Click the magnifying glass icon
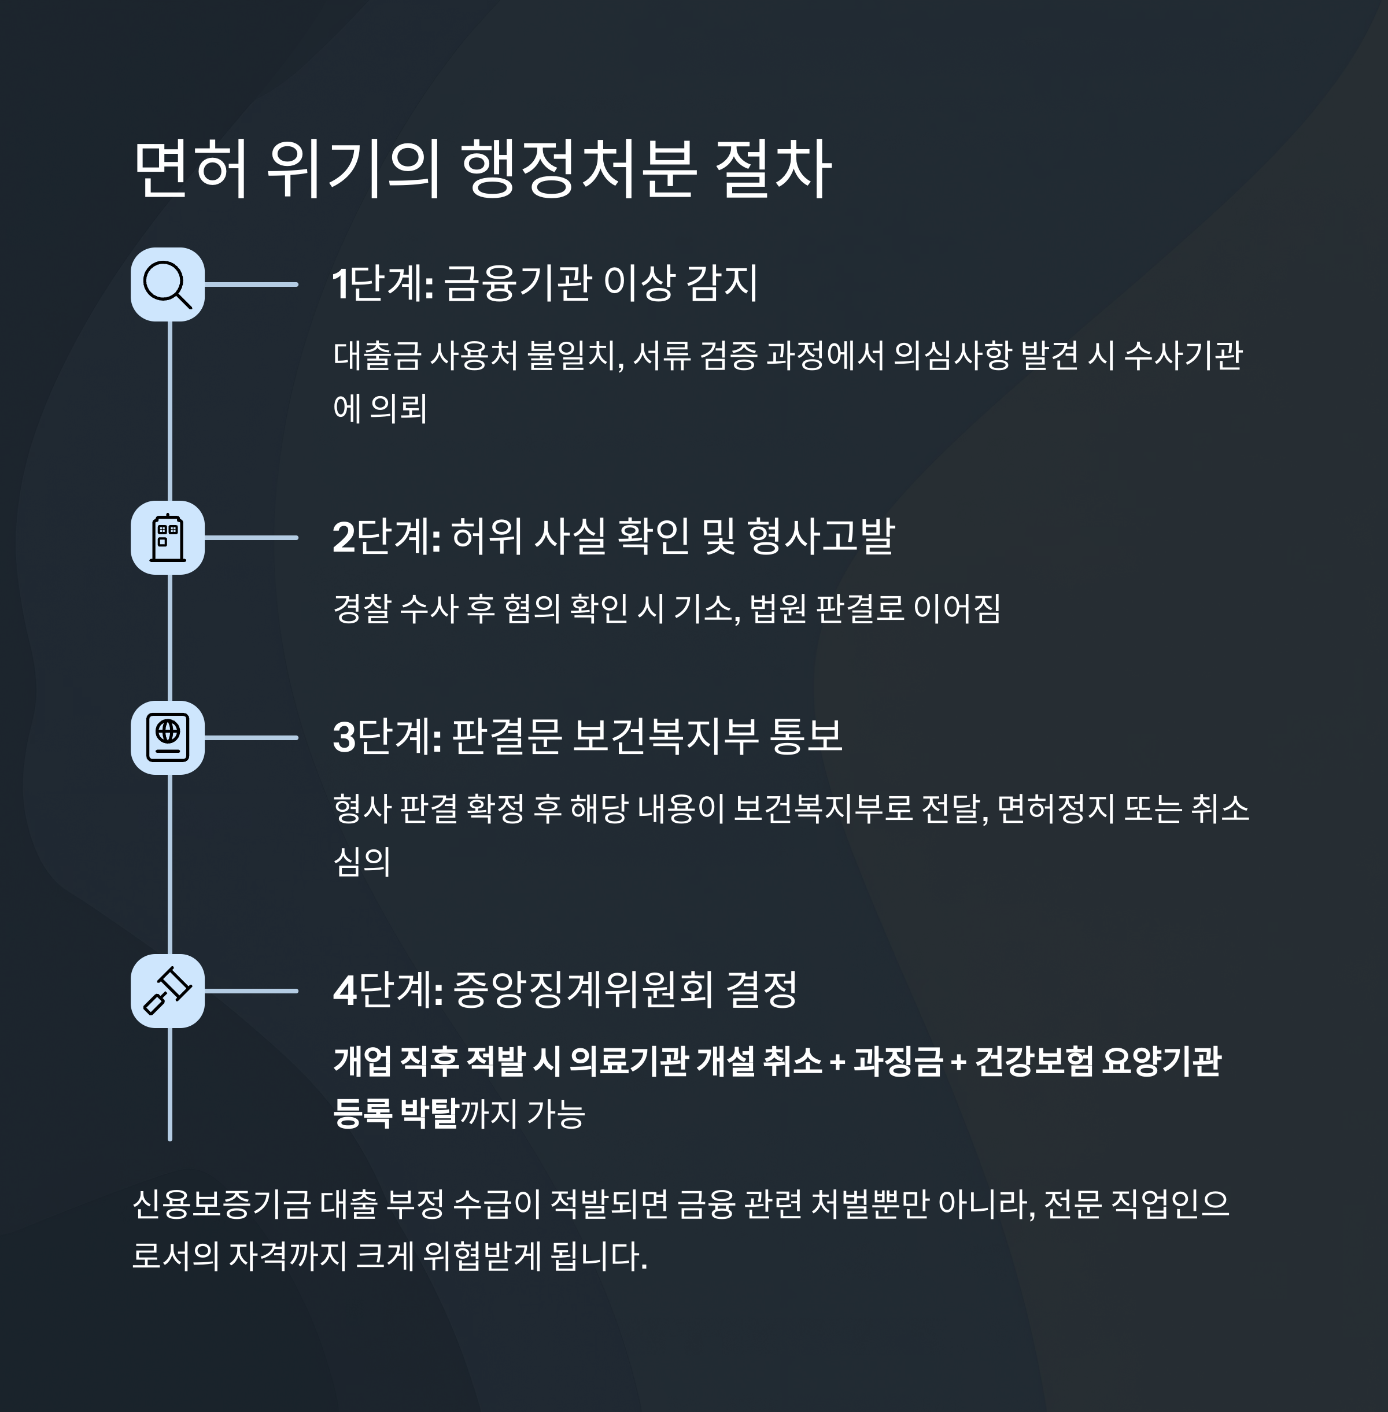pos(167,284)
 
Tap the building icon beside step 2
pos(167,538)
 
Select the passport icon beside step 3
pos(167,738)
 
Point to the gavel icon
pos(167,990)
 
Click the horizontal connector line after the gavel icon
pos(252,990)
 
